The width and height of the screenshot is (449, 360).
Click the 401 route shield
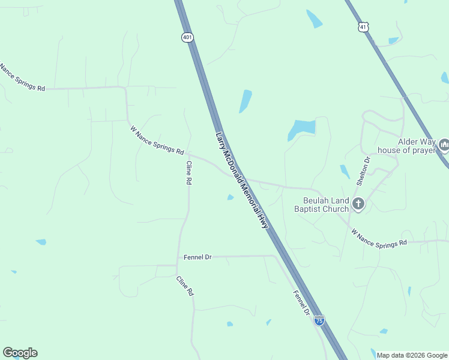click(x=187, y=37)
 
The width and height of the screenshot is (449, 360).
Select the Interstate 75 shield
click(x=319, y=320)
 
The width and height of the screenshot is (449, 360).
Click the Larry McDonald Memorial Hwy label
click(x=242, y=179)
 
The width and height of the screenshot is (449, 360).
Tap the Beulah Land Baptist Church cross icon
click(x=358, y=204)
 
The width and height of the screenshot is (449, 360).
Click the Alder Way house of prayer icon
click(x=444, y=145)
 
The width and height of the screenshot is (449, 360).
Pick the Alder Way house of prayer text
click(x=406, y=146)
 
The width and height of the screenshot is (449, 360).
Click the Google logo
click(x=20, y=353)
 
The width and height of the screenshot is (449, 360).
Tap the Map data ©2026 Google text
click(x=412, y=355)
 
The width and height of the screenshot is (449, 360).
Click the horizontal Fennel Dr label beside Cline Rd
click(x=197, y=257)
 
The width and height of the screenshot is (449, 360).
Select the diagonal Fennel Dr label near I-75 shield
click(x=301, y=303)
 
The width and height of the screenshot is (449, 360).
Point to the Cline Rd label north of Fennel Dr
click(x=188, y=173)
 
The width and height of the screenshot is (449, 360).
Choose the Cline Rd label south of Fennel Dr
click(x=185, y=286)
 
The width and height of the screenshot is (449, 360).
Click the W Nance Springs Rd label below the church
click(x=379, y=238)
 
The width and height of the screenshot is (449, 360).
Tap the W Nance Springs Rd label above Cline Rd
click(x=157, y=140)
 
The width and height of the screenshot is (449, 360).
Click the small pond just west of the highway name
click(x=231, y=197)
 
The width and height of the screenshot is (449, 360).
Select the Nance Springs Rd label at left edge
click(x=23, y=77)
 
